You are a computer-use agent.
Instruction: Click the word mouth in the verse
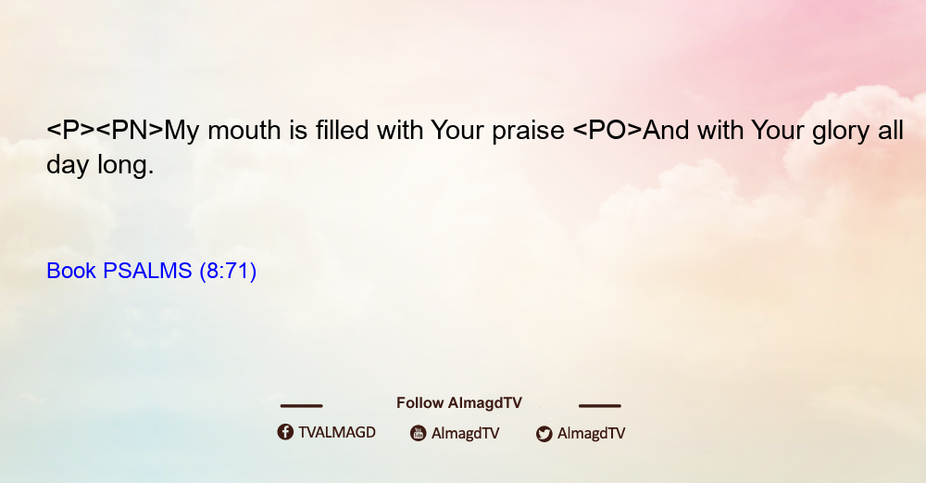244,130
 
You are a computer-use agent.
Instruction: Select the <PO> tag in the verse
607,130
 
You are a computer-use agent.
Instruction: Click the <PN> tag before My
130,130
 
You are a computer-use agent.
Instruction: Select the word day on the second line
68,166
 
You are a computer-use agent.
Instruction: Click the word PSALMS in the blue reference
147,271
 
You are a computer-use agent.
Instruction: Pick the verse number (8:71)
228,271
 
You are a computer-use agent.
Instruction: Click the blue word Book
71,271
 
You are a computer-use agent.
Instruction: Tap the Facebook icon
285,432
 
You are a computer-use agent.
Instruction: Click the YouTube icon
419,433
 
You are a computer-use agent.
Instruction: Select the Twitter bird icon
544,434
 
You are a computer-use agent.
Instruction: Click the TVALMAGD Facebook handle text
337,432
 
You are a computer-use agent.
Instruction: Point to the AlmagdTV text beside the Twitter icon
591,433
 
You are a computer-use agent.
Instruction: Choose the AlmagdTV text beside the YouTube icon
466,433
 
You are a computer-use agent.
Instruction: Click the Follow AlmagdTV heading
459,402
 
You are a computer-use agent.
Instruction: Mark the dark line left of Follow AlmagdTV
301,405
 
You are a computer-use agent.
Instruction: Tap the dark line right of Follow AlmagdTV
599,405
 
